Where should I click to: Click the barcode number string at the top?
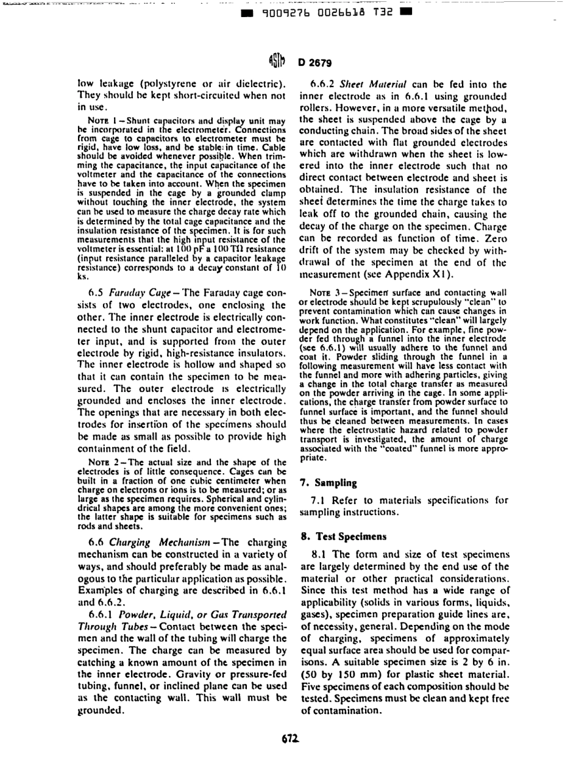316,10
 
